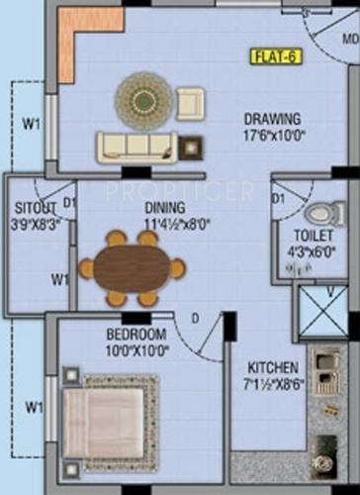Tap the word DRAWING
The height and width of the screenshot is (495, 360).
click(273, 121)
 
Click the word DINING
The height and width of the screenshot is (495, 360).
click(164, 208)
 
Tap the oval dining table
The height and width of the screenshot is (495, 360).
click(131, 267)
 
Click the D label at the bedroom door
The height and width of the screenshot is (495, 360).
click(196, 318)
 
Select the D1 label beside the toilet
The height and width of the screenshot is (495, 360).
click(280, 199)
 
